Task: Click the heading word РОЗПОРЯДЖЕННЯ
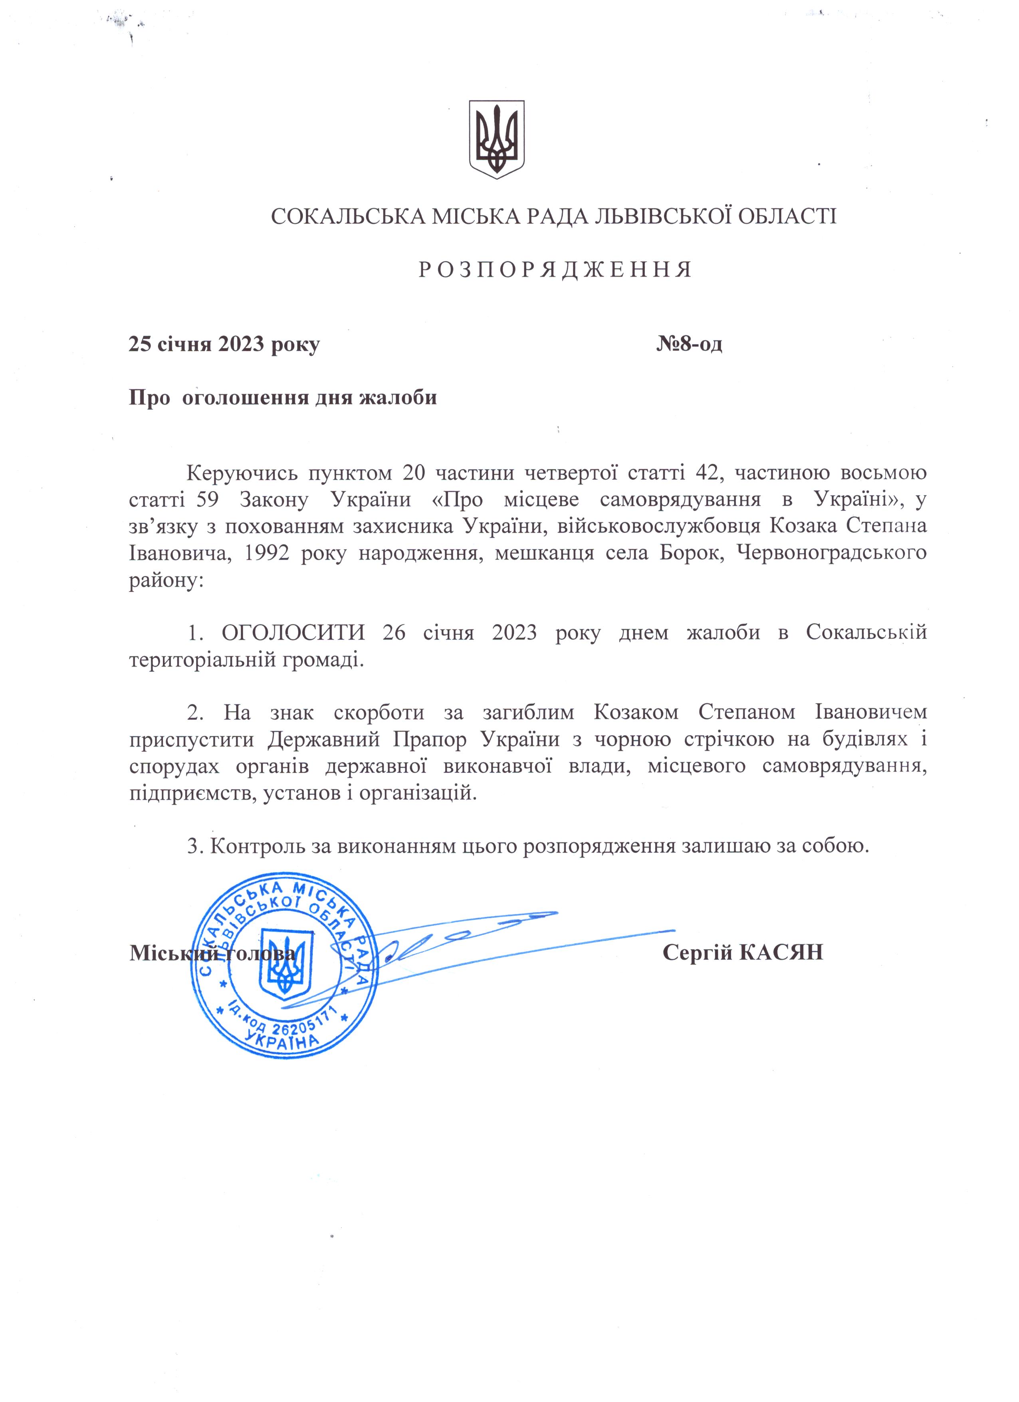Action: click(x=555, y=270)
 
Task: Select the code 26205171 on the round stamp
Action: click(x=303, y=1029)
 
